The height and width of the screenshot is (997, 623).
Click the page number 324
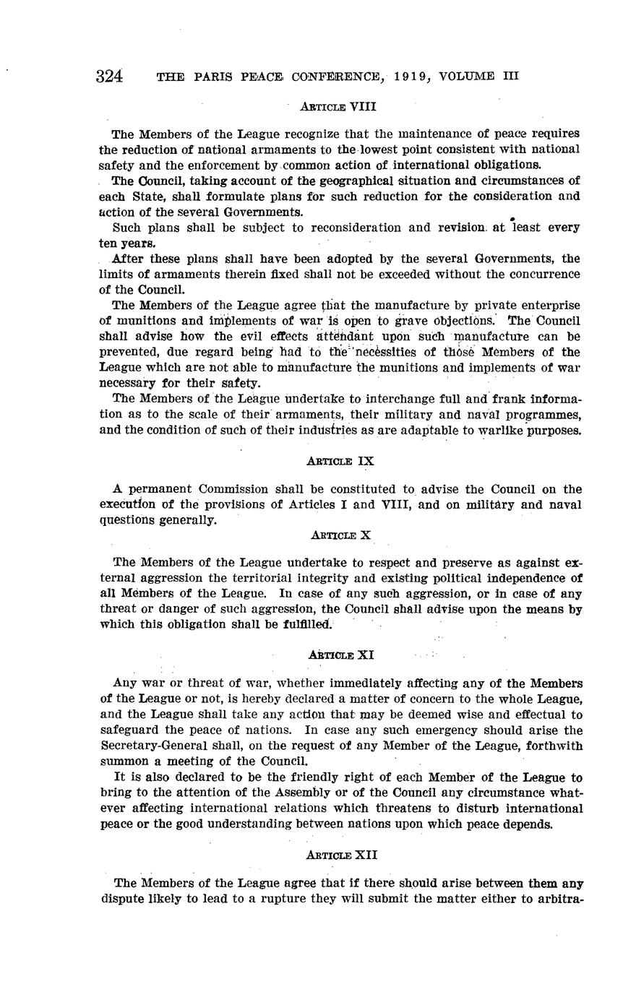pyautogui.click(x=109, y=77)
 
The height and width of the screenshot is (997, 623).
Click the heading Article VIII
pyautogui.click(x=338, y=106)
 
